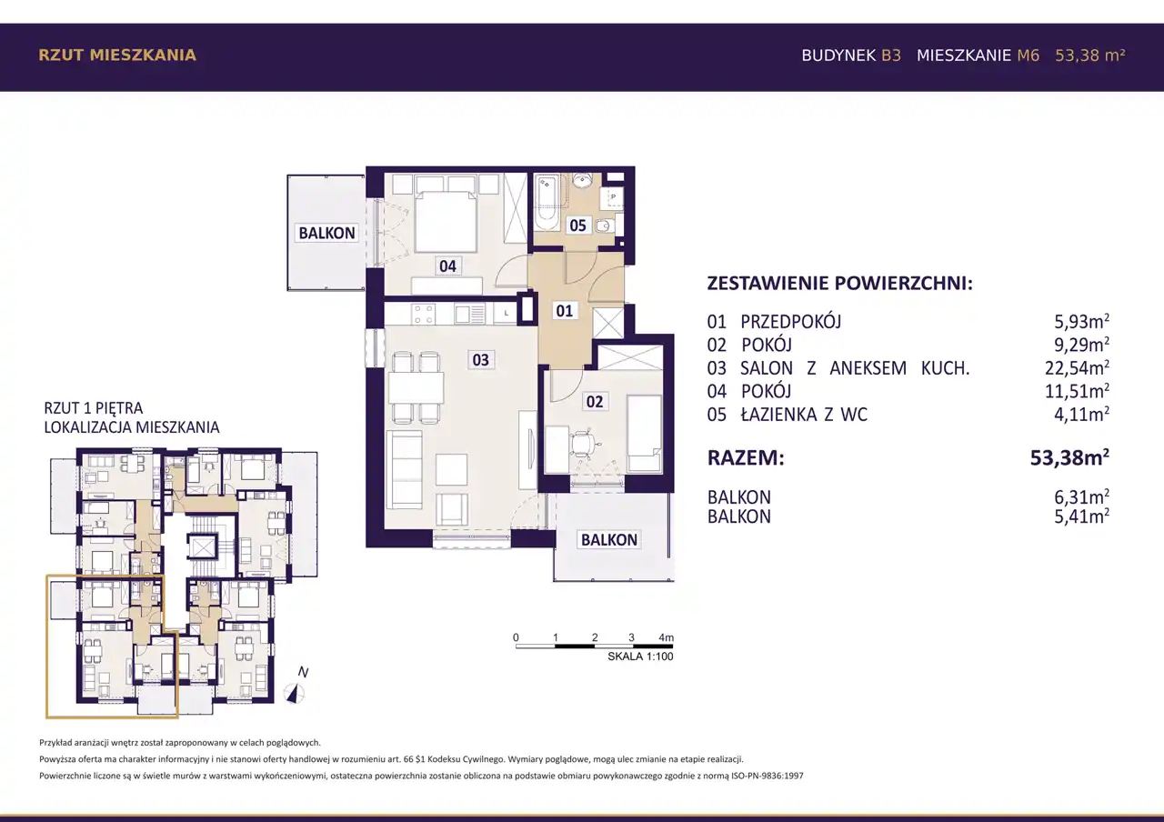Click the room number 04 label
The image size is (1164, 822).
[x=447, y=266]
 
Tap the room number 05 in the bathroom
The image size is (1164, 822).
[x=577, y=226]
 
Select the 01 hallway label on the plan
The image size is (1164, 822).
[x=565, y=311]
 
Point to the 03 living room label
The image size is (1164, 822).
[x=480, y=359]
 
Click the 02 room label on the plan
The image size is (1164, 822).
[x=595, y=401]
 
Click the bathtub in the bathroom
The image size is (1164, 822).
[x=547, y=203]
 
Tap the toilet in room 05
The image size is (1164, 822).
[x=606, y=226]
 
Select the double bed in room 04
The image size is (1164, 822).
[x=446, y=221]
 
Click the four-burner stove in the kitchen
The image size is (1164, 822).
[x=423, y=315]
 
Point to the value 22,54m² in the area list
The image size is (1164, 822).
[x=1077, y=368]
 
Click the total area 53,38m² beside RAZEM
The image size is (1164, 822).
[x=1070, y=457]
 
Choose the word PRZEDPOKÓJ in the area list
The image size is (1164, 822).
[x=790, y=322]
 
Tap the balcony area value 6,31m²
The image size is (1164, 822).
[x=1081, y=497]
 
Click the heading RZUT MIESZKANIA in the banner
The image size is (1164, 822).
[x=117, y=55]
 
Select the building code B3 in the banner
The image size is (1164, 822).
[x=891, y=55]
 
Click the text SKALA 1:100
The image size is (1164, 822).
[x=640, y=657]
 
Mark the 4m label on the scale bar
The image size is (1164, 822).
[x=667, y=637]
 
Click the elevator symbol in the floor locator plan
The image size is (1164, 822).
[x=202, y=546]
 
